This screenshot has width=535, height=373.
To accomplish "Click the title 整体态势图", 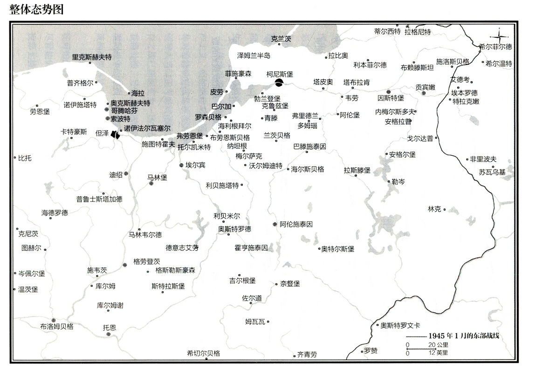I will coord(36,10).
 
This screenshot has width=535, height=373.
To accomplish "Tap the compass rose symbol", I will coord(499,36).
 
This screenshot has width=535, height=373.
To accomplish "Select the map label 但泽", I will coord(102,133).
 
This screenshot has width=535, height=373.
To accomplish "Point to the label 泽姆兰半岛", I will coord(254,55).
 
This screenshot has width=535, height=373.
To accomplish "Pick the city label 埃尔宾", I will coord(195,165).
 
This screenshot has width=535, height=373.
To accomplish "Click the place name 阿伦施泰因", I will coord(296,224).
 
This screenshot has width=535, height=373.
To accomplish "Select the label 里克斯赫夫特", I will coord(91,57).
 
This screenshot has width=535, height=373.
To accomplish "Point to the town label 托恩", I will coord(110,327).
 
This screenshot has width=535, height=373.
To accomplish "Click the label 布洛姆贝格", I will coord(57,326).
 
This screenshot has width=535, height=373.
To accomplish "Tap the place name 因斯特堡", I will coord(391,98).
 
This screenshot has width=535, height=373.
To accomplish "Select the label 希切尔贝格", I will coord(203,353).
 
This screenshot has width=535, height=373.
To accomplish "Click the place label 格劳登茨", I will coord(146,262).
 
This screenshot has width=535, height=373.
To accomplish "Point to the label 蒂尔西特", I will coord(387,32).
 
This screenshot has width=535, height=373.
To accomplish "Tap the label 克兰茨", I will coord(281,39).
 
